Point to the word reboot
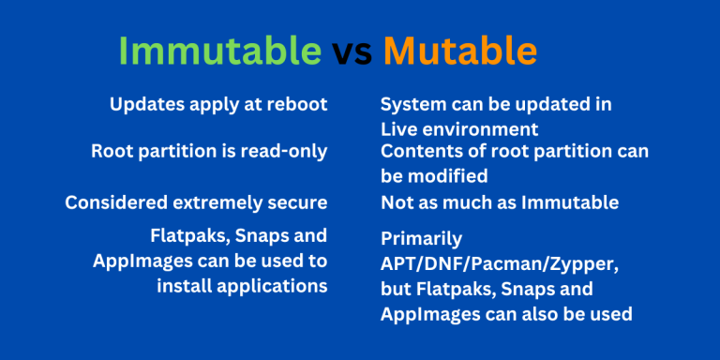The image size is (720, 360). point(296,104)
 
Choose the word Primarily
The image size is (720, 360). point(422,241)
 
